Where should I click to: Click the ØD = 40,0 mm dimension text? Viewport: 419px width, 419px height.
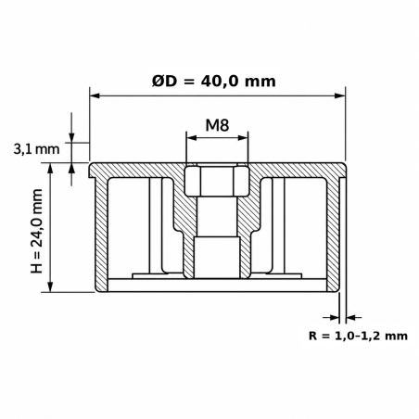click(x=213, y=82)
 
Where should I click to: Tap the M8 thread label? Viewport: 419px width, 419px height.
click(x=217, y=125)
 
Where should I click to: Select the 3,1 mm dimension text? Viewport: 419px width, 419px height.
click(x=36, y=149)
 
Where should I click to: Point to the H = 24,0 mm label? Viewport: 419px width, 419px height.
click(x=37, y=231)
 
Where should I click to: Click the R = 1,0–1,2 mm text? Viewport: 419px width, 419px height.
click(x=358, y=336)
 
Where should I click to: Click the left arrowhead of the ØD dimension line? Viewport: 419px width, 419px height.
click(x=95, y=95)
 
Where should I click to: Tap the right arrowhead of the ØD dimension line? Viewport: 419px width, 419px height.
click(x=340, y=95)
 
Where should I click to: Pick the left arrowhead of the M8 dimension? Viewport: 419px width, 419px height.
click(x=191, y=138)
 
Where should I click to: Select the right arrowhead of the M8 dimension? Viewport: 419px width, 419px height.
click(x=243, y=138)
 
